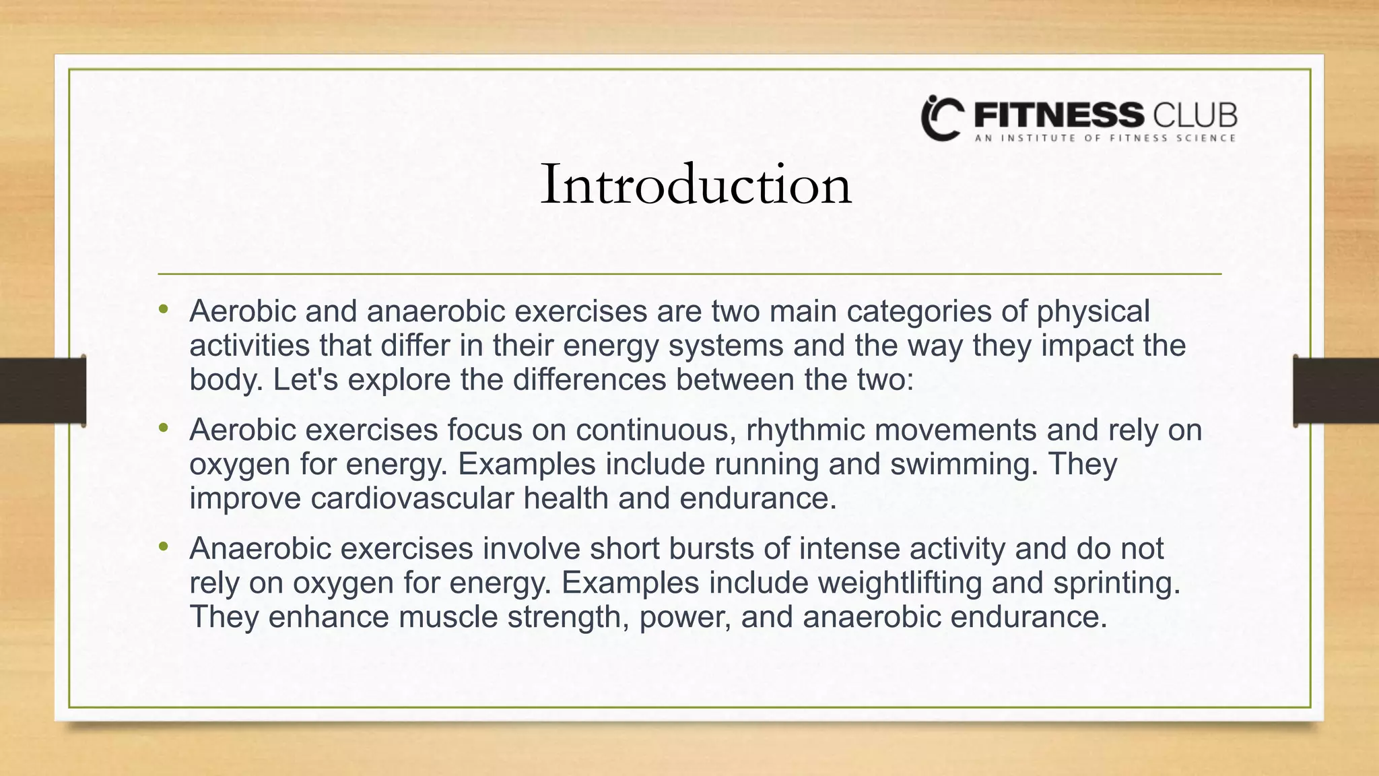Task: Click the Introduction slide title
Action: [696, 185]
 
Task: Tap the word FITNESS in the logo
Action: [1058, 116]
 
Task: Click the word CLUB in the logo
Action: [1195, 116]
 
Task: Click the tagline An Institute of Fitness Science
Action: [1105, 138]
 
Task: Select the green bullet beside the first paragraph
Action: [163, 310]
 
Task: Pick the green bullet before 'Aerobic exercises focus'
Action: [163, 428]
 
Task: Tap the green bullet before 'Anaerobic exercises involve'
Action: [163, 547]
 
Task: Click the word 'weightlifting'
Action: [900, 583]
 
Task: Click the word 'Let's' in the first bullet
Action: [305, 380]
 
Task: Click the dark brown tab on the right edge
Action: [1336, 391]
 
